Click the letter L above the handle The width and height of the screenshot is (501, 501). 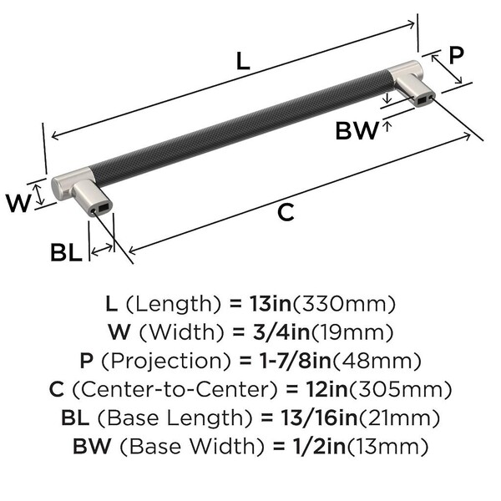pos(243,61)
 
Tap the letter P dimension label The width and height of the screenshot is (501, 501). pos(456,55)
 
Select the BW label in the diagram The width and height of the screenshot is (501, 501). pos(357,130)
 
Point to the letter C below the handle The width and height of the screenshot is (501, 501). pos(286,212)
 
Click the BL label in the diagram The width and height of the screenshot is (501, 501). pos(66,252)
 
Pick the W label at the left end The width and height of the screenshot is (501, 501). pos(18,203)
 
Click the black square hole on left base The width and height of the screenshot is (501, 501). pos(104,208)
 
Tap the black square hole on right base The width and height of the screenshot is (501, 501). pos(422,101)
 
